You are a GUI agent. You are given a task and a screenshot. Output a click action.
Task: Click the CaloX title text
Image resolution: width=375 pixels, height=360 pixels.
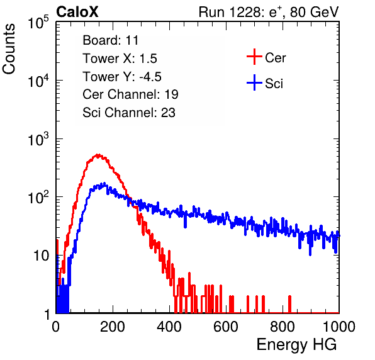tap(77, 12)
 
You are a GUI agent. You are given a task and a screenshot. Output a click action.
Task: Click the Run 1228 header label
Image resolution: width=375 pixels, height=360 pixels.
tap(269, 12)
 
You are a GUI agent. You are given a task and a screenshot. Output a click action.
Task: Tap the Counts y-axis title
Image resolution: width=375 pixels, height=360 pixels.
tap(9, 49)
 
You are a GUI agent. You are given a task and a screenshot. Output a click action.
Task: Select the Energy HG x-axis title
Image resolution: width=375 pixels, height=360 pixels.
tap(296, 345)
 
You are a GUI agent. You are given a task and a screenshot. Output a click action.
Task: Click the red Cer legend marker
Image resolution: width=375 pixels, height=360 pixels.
tap(254, 57)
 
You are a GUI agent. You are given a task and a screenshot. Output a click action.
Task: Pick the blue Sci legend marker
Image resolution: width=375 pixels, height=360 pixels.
tap(254, 82)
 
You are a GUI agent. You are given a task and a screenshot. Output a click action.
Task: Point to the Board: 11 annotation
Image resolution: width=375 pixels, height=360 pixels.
tap(111, 40)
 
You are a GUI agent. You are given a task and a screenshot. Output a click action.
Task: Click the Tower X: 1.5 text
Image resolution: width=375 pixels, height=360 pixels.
tap(120, 59)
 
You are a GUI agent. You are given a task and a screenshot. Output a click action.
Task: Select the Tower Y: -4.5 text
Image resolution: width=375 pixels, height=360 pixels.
tap(122, 77)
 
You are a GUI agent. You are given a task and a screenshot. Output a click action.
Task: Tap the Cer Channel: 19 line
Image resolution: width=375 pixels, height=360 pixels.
tap(130, 94)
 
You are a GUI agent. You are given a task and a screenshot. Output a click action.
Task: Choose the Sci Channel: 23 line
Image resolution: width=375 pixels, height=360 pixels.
tap(129, 113)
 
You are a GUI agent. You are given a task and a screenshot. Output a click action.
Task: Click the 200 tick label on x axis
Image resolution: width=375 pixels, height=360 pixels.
tap(113, 327)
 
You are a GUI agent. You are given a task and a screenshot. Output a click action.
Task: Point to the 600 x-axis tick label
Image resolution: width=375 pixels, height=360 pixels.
tap(226, 327)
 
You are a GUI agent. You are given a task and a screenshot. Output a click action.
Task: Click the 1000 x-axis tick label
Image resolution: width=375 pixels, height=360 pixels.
tap(339, 327)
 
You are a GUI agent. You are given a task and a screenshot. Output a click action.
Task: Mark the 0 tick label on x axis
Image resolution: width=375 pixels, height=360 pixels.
tap(56, 327)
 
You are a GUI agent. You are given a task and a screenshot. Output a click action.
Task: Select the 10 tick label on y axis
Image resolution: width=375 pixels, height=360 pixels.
tap(42, 256)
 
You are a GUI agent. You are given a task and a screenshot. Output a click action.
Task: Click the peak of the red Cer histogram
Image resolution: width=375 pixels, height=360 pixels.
tap(98, 155)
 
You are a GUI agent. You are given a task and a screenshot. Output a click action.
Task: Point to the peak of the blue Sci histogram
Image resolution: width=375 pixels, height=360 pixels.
tap(104, 184)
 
